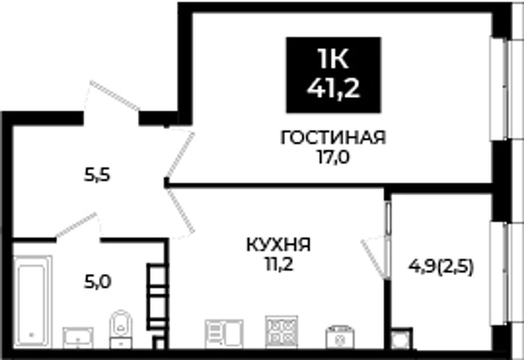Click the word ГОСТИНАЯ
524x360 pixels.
click(333, 138)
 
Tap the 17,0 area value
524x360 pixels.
click(333, 157)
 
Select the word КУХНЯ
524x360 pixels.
click(279, 245)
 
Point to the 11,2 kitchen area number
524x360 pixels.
click(279, 265)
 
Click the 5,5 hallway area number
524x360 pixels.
click(97, 175)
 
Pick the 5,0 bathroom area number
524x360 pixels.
click(97, 282)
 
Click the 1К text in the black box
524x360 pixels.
click(333, 59)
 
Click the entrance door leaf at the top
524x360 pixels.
click(115, 96)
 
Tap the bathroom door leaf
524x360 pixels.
click(76, 225)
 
